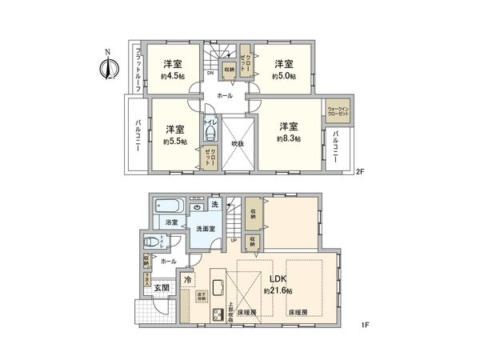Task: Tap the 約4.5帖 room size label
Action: click(173, 77)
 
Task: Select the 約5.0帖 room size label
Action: click(283, 77)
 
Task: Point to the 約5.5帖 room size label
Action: click(174, 142)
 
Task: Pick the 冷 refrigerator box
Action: click(187, 280)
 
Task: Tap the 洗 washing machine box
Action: click(214, 204)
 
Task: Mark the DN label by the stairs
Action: click(210, 74)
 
